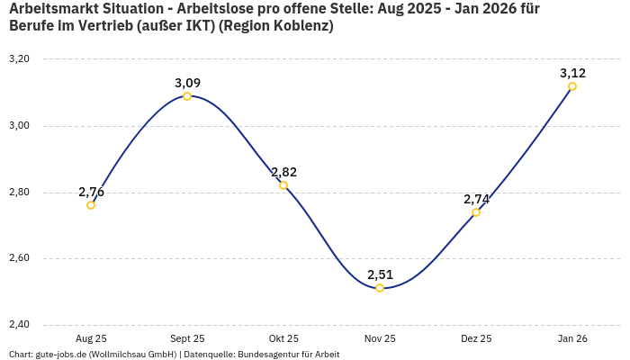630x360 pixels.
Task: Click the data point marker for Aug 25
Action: [91, 205]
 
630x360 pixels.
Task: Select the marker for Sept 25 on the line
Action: [187, 96]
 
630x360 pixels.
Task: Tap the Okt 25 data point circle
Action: [283, 185]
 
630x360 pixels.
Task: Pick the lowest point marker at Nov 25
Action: [380, 288]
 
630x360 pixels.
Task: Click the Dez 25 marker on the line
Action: [476, 212]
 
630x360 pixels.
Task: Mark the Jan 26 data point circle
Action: [572, 86]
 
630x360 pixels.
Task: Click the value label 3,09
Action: [187, 83]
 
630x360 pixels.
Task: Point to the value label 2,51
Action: [380, 274]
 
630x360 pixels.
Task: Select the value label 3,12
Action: [572, 73]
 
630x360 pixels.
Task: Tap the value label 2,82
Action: [283, 172]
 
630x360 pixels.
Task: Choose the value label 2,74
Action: [476, 199]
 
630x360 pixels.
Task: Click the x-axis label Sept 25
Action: [187, 339]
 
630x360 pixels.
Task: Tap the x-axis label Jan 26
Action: [572, 339]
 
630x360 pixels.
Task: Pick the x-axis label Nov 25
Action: [380, 339]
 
